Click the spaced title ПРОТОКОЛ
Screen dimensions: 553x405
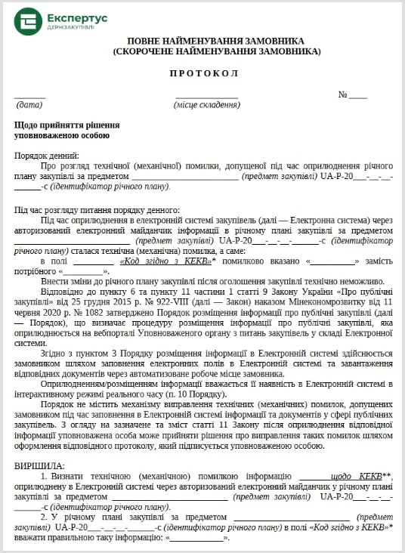tap(202, 73)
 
